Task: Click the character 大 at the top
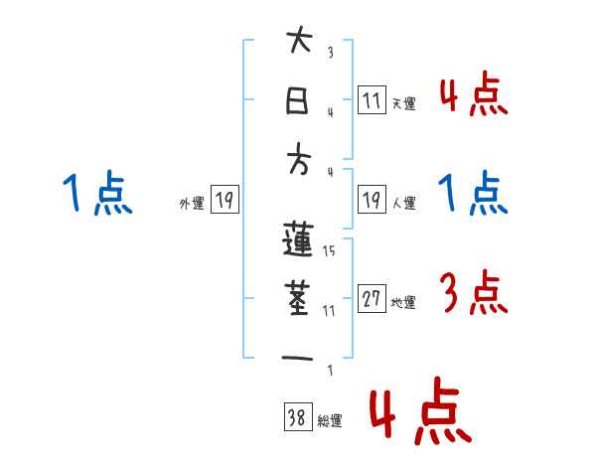[x=299, y=43]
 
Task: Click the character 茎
[x=299, y=298]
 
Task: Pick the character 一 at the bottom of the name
[x=299, y=357]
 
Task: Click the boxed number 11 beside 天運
[x=372, y=100]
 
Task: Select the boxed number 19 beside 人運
[x=372, y=201]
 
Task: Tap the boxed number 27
[x=372, y=300]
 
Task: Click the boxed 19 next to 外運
[x=224, y=201]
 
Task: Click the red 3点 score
[x=473, y=292]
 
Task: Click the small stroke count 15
[x=329, y=250]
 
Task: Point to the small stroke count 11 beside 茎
[x=329, y=310]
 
